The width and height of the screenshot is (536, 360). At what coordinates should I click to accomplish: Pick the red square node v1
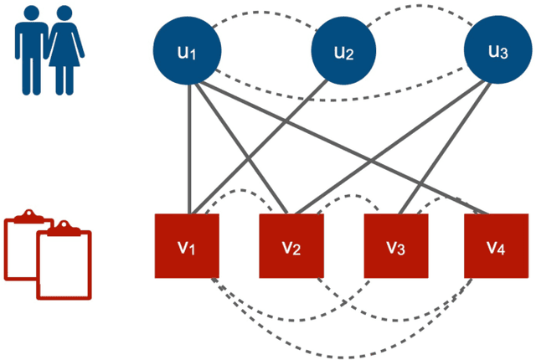pos(187,246)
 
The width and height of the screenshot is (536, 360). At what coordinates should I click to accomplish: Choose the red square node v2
pos(291,246)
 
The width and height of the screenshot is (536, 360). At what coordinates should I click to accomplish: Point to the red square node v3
pos(394,246)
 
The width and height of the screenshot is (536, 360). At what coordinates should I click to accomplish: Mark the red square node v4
pos(497,246)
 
